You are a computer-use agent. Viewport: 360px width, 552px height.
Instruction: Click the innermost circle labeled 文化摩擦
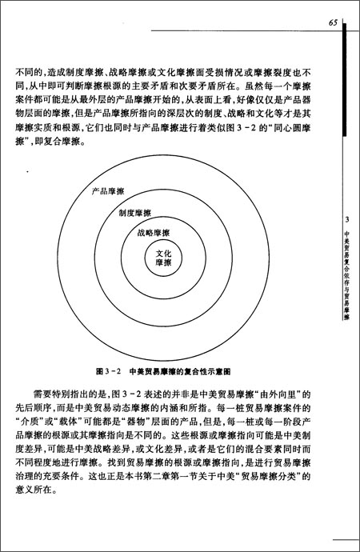pos(163,258)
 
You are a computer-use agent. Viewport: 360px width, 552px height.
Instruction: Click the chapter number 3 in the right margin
pos(346,220)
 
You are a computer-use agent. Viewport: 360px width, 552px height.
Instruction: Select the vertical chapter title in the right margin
pos(346,272)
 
